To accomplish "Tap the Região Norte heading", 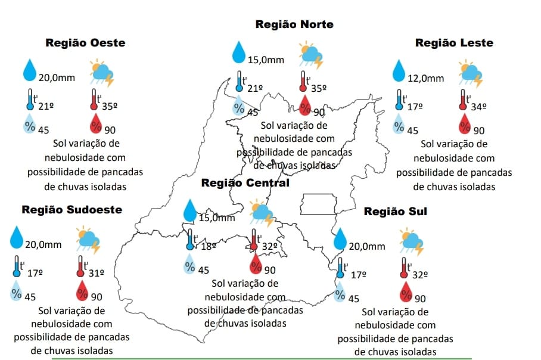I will click(294, 24).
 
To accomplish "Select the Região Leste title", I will click(454, 43).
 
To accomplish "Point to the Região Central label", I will click(245, 182).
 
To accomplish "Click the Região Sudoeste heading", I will click(71, 209).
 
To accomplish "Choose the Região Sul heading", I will click(395, 212).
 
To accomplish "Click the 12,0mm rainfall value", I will click(426, 78).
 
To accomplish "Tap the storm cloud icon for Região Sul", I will click(412, 240).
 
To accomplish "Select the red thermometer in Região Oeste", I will click(94, 100).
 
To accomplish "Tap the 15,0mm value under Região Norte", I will click(266, 60).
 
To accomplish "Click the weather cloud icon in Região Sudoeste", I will click(88, 240).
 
